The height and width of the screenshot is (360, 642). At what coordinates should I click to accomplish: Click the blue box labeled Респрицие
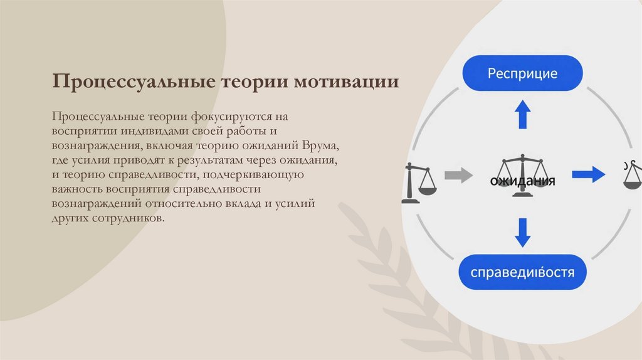point(522,73)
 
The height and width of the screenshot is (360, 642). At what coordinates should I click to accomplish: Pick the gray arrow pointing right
point(458,175)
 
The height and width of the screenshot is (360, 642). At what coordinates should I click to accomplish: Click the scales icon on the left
point(419,183)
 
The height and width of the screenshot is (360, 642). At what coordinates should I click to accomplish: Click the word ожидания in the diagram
point(522,182)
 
